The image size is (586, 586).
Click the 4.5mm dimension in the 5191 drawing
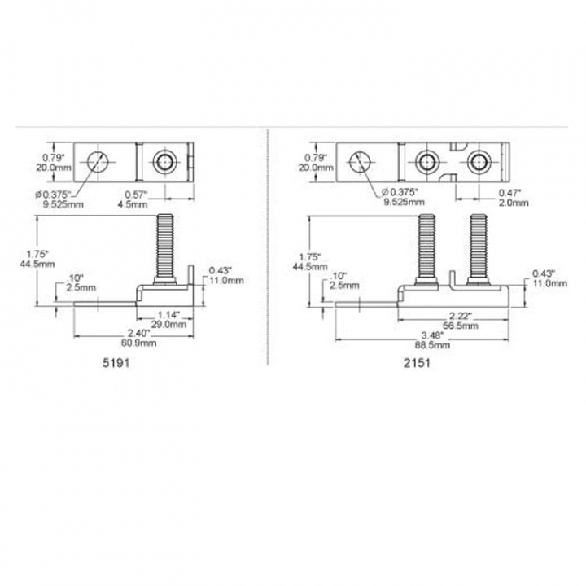click(x=136, y=204)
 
